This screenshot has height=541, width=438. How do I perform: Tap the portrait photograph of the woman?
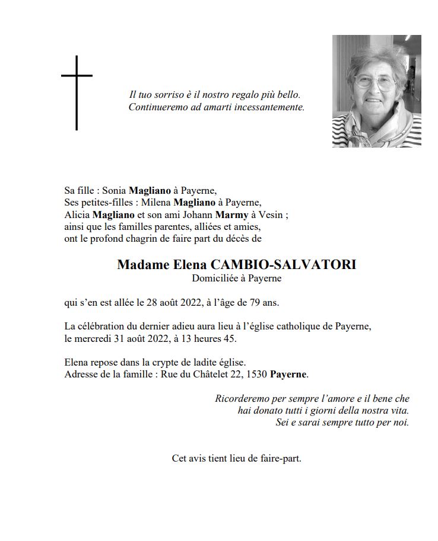pos(376,91)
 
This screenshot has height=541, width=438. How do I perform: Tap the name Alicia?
pos(77,215)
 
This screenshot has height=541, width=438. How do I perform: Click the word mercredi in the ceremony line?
pos(94,339)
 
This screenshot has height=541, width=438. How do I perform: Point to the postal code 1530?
pos(256,374)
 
